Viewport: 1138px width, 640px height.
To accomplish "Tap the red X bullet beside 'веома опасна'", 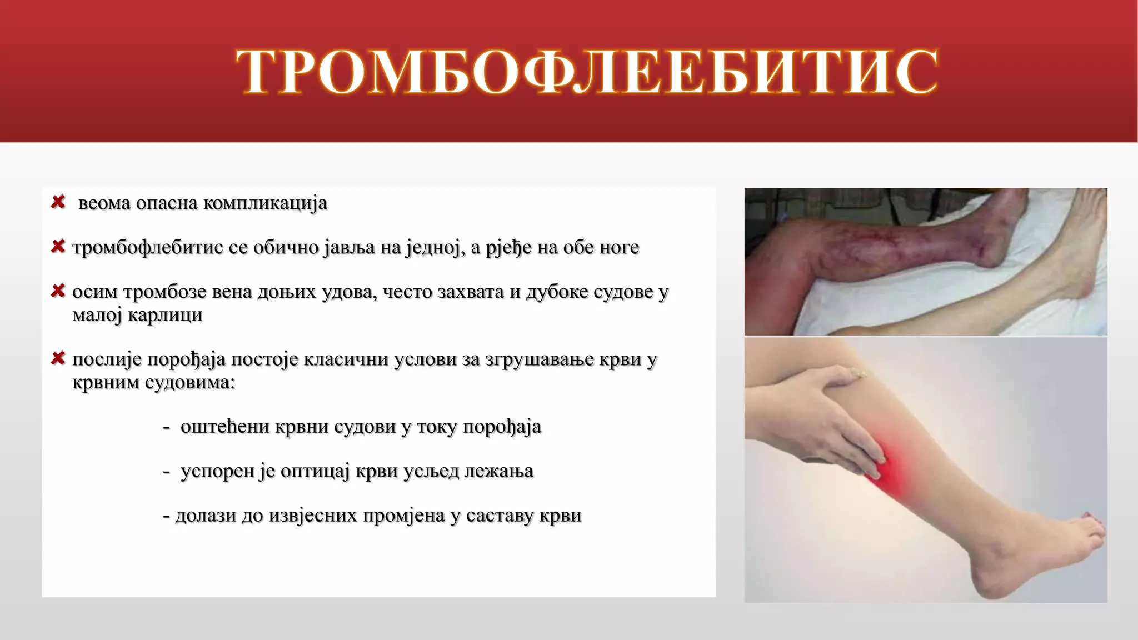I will pos(58,202).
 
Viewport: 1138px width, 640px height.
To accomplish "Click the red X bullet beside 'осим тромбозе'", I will pos(58,291).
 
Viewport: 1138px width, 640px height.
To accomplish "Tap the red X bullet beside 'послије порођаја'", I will pos(58,358).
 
